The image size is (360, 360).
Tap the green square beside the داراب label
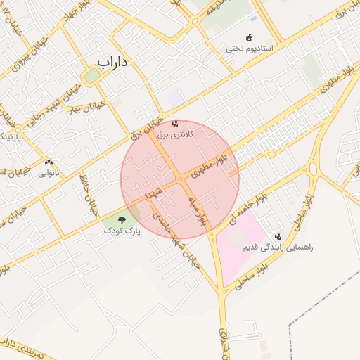92,75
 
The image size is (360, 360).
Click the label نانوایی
49,172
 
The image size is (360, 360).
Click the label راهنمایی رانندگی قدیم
278,247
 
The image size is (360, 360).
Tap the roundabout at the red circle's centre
181,179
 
